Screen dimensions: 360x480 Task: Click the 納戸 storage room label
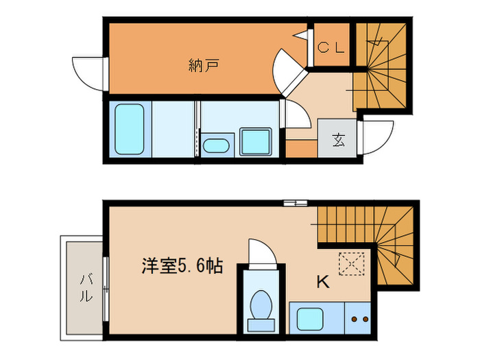[x=203, y=66]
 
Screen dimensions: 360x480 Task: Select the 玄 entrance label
[x=338, y=140]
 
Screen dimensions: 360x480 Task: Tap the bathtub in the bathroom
[x=129, y=128]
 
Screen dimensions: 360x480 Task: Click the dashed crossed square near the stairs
[x=350, y=262]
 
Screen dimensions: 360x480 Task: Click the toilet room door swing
[x=261, y=252]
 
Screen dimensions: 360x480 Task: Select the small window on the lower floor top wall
[x=296, y=202]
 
